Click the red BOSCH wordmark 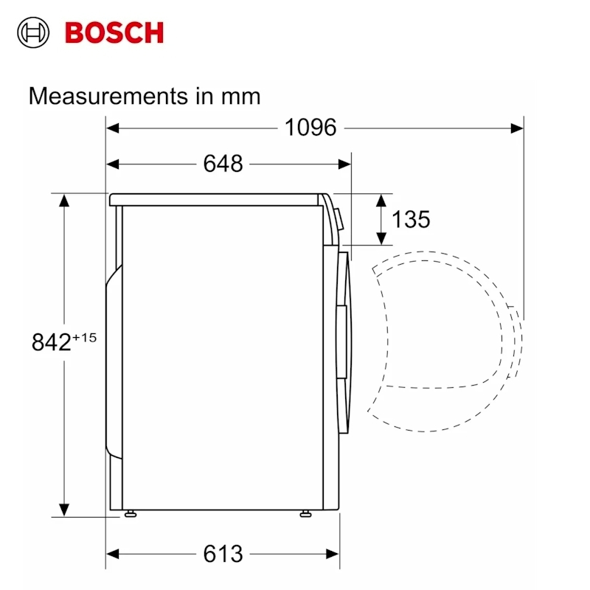click(x=114, y=32)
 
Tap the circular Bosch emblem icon click(x=33, y=32)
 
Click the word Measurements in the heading click(x=108, y=96)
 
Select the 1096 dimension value click(x=310, y=127)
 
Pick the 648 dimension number click(x=223, y=164)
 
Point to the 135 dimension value click(x=411, y=219)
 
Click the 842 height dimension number click(x=51, y=342)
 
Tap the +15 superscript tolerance click(x=84, y=338)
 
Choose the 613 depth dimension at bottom click(x=223, y=554)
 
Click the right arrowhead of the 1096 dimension click(x=517, y=128)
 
